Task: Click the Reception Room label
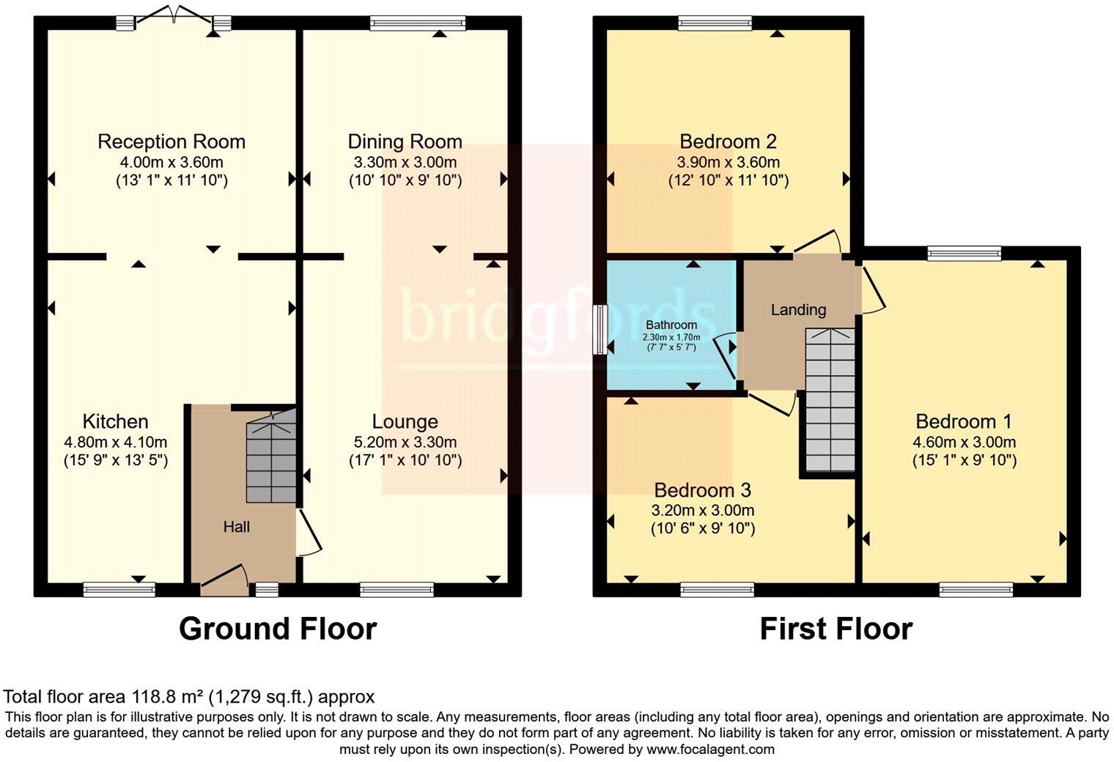coord(171,141)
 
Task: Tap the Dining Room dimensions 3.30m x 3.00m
coord(405,162)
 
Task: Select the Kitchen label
coord(115,421)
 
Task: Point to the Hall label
coord(236,527)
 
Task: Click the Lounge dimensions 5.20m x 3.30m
coord(405,442)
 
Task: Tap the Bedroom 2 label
coord(728,141)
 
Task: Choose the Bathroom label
coord(671,325)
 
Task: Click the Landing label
coord(799,310)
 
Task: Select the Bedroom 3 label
coord(703,490)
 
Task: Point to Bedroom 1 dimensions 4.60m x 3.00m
coord(964,442)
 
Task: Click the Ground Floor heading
coord(278,629)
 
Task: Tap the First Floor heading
coord(836,629)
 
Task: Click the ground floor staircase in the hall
coord(271,456)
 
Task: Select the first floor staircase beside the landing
coord(830,399)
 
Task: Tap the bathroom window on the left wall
coord(601,330)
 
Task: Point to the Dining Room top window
coord(418,23)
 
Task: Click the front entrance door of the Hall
coord(224,580)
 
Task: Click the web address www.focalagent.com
coord(710,749)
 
